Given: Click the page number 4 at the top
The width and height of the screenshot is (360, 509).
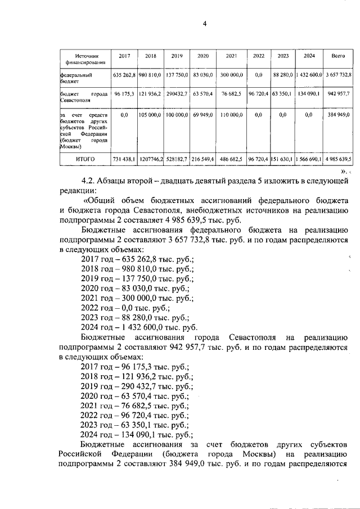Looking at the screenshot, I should (x=205, y=23).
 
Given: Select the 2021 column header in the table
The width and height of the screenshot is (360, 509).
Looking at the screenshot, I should (x=231, y=56).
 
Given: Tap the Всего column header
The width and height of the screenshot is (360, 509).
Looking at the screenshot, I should (x=337, y=56).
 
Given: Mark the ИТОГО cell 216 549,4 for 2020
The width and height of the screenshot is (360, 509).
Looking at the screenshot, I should (x=203, y=160).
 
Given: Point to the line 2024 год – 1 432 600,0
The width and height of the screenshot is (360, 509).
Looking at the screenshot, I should (x=139, y=327).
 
